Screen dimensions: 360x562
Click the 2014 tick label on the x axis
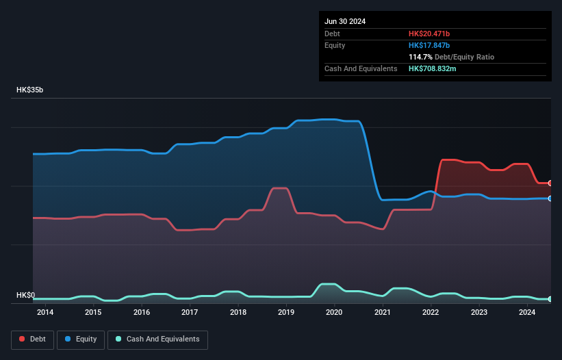[45, 313]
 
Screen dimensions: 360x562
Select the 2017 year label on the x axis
[190, 313]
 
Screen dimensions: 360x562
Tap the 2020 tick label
[334, 313]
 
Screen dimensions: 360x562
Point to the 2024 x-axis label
[527, 313]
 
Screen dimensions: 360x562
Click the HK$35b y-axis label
[29, 90]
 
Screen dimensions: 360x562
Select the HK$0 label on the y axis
[25, 296]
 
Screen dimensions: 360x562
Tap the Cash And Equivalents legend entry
[157, 339]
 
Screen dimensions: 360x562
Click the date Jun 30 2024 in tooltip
[345, 21]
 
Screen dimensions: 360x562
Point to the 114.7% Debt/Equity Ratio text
[451, 57]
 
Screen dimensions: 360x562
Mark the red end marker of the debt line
[550, 183]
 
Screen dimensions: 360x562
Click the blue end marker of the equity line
[550, 198]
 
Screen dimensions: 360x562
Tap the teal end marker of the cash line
[550, 299]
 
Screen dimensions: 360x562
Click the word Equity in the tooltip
[335, 45]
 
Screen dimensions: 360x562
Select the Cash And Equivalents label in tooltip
[361, 68]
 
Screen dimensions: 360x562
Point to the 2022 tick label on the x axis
[431, 313]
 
